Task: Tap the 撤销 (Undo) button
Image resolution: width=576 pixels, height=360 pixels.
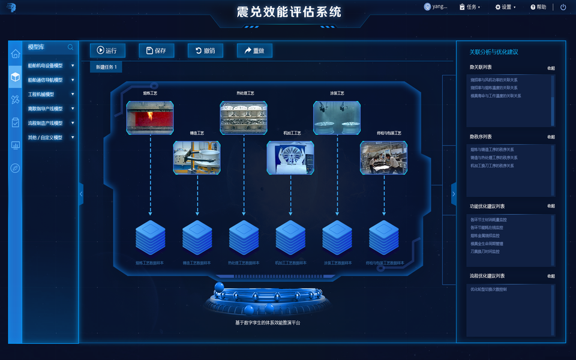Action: (205, 51)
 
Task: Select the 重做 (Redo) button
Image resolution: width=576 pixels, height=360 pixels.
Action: (254, 51)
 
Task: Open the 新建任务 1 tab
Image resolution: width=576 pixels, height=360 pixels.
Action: (106, 67)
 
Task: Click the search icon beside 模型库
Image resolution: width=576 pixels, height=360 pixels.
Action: (71, 47)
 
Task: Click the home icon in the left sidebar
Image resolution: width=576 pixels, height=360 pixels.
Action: (15, 54)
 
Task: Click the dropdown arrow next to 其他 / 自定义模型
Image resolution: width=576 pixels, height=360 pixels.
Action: (73, 137)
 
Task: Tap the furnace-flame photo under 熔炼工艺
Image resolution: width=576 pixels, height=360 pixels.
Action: (150, 117)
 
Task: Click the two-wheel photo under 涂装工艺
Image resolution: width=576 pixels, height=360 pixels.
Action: (337, 117)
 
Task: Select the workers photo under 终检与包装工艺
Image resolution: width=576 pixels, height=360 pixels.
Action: (383, 158)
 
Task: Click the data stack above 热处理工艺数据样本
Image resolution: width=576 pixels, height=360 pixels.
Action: (244, 238)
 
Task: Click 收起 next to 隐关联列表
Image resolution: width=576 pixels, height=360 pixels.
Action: (551, 68)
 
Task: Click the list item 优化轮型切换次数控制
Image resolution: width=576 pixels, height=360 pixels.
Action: (488, 289)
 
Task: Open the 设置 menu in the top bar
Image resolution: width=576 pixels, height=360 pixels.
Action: (505, 7)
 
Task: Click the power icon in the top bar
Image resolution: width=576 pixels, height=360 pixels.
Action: (563, 7)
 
